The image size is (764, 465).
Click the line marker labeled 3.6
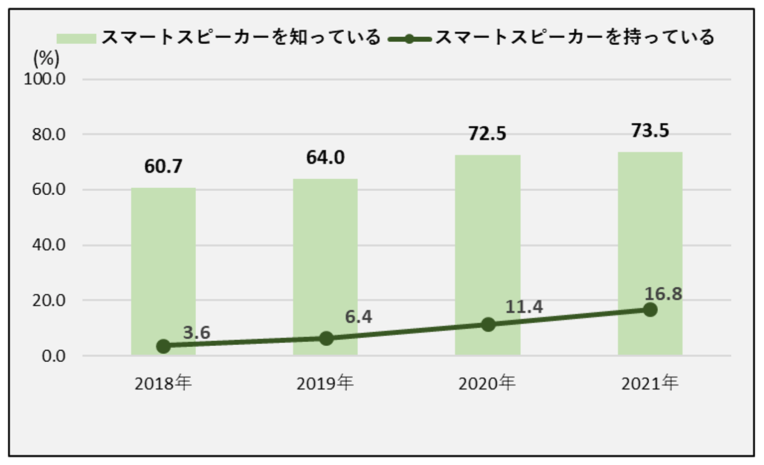coord(163,346)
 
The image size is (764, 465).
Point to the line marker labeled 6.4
coord(326,339)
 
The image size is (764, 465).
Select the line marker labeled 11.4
coord(488,325)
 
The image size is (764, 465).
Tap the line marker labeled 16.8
coord(650,310)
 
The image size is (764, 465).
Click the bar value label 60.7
coord(163,166)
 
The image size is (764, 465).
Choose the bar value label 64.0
coord(325,157)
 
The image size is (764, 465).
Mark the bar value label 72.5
coord(487,134)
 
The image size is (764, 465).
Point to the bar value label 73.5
coord(650,131)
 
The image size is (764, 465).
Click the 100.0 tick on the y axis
coord(45,79)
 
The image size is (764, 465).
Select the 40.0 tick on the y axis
coord(49,245)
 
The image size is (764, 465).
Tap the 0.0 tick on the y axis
coord(54,356)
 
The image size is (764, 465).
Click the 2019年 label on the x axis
coord(325,384)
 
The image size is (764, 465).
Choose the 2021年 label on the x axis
coord(650,384)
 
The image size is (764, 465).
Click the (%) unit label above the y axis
coord(46,59)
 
